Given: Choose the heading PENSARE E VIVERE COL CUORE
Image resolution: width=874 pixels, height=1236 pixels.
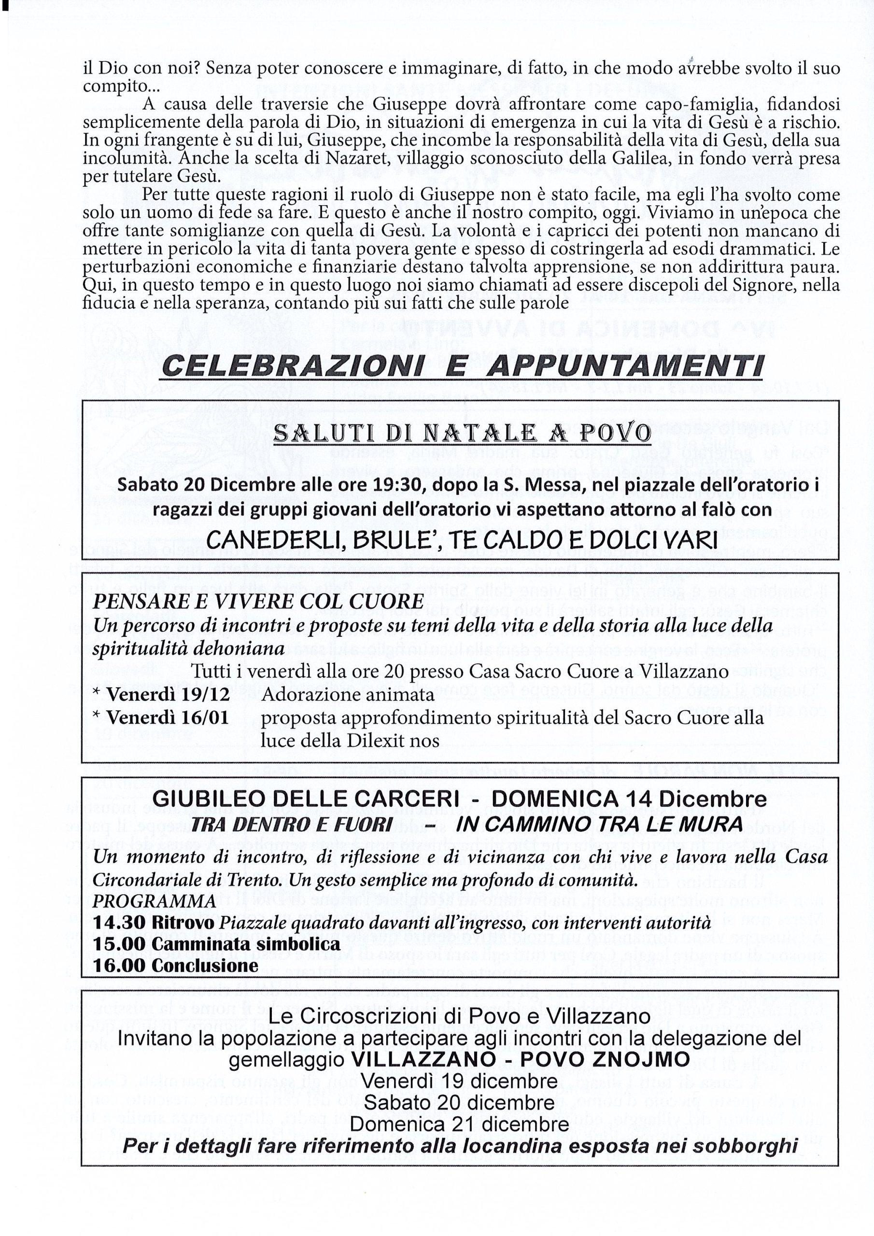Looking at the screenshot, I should (258, 601).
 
